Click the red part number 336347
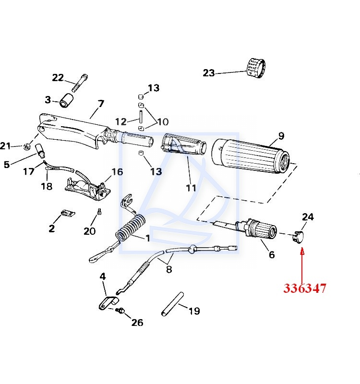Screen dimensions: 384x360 (x=305, y=288)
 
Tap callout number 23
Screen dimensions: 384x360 (x=209, y=73)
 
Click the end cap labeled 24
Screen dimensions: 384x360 (x=299, y=236)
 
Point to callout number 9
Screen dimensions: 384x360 (x=281, y=135)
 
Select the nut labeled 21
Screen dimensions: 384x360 (x=28, y=146)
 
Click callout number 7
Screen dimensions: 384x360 (x=101, y=104)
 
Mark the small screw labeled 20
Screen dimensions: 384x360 (x=99, y=211)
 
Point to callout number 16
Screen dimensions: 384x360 (x=117, y=172)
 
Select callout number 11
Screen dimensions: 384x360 (x=191, y=188)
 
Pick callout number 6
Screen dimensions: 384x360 (x=272, y=254)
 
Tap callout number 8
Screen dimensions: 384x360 (x=168, y=269)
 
